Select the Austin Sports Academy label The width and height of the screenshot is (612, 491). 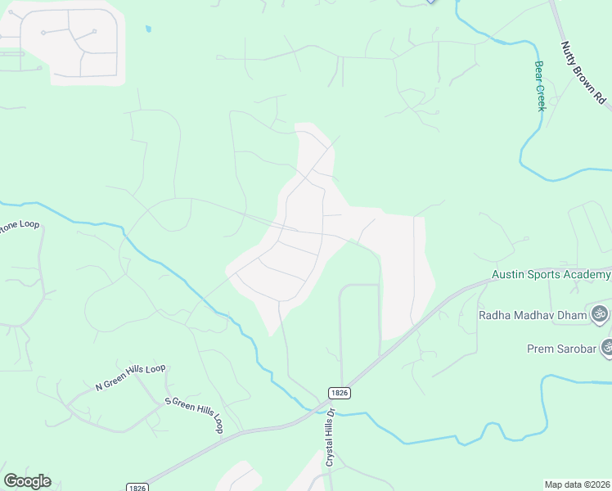tap(551, 276)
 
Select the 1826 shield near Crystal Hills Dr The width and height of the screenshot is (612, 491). tap(340, 393)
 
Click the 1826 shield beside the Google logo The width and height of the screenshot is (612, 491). tap(137, 487)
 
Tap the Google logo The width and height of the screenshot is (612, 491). tap(27, 481)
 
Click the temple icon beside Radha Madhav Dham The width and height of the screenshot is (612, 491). tap(600, 314)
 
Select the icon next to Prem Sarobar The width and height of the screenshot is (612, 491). tap(607, 348)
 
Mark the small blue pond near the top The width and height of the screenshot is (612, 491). tap(148, 29)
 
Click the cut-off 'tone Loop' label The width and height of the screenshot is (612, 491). tap(18, 225)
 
